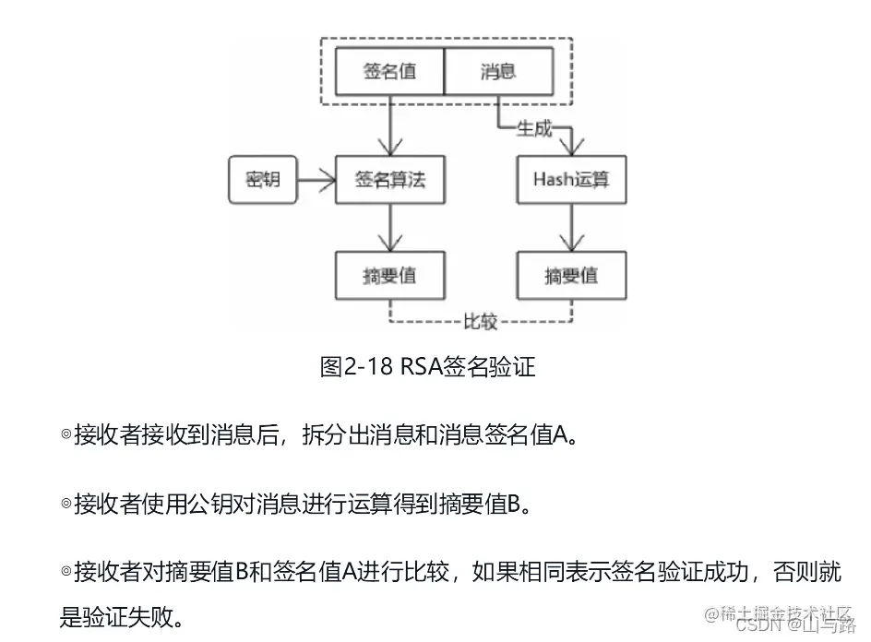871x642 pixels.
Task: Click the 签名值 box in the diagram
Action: (389, 71)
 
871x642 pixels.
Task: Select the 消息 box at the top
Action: (498, 71)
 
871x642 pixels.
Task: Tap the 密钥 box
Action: (262, 180)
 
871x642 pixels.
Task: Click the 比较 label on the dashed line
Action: (480, 322)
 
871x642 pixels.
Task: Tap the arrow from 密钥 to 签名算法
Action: (315, 180)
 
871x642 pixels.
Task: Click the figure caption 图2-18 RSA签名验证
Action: (427, 366)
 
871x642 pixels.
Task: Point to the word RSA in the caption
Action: (420, 366)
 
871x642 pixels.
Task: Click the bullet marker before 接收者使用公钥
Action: (66, 504)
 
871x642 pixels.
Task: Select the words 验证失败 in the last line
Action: (125, 616)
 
